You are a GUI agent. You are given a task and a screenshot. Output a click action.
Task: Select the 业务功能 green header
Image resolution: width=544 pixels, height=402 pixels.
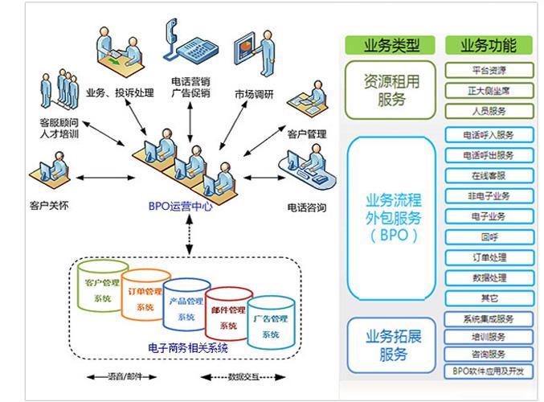488,45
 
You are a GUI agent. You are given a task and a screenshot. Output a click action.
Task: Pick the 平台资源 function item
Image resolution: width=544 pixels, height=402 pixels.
489,70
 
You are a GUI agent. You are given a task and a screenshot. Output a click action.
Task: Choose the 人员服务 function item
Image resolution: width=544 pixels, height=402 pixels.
489,111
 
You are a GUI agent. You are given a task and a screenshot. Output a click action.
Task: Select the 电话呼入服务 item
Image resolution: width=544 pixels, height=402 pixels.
489,134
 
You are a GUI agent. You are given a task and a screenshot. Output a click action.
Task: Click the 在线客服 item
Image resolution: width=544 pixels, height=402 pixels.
489,175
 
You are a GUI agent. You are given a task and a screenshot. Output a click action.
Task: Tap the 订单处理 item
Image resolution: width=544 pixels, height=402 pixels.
489,257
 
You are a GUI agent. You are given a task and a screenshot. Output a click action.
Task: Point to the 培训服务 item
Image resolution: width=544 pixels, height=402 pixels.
489,337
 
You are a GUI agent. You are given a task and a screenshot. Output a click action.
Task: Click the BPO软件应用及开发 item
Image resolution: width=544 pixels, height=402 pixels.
489,371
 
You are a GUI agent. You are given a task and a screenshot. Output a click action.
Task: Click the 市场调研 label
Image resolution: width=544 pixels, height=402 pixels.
254,94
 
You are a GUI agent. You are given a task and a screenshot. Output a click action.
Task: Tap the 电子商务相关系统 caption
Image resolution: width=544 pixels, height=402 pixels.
188,348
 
